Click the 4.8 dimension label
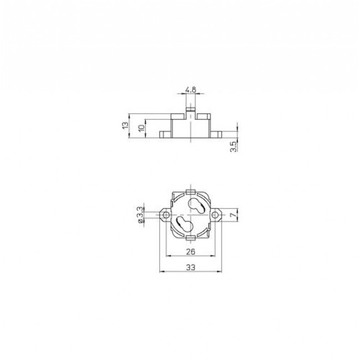pos(191,90)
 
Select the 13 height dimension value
pos(125,125)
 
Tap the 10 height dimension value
pos(142,127)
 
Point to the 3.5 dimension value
pos(233,147)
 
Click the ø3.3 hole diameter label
pos(140,215)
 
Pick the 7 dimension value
pos(233,215)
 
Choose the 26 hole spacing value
pos(191,251)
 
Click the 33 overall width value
pos(191,268)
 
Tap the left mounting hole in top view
pos(166,215)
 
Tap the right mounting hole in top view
pos(215,215)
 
